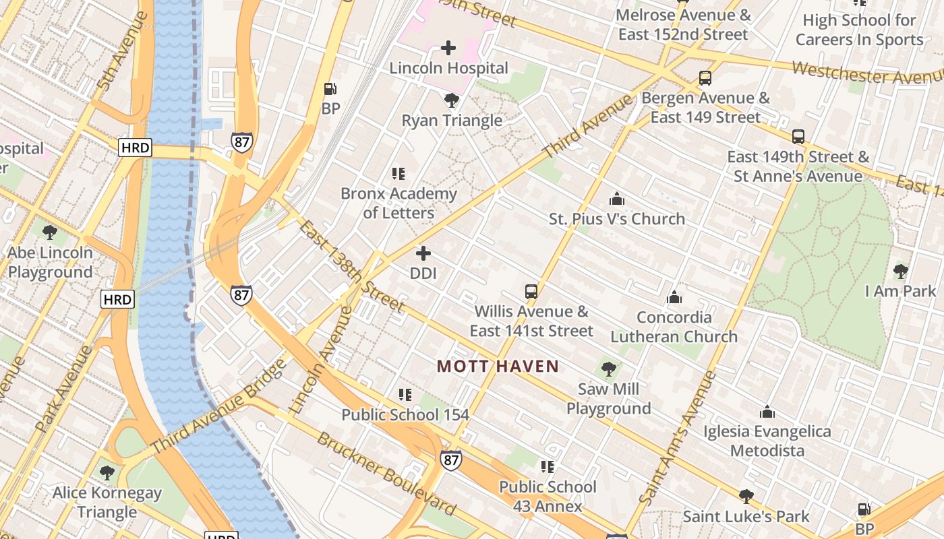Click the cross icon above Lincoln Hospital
tap(448, 48)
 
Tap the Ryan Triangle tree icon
tap(452, 101)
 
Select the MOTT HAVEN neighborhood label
tap(498, 367)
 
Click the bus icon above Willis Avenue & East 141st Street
tap(531, 292)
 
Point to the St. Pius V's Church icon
tap(616, 199)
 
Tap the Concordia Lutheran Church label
tap(674, 327)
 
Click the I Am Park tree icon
tap(900, 272)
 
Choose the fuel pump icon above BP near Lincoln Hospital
tap(330, 89)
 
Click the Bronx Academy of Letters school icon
tap(399, 174)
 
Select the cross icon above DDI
tap(423, 253)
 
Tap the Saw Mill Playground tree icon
tap(608, 369)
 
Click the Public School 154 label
tap(405, 414)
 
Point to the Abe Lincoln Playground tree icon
tap(49, 232)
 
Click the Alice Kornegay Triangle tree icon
tap(107, 472)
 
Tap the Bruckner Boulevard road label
tap(386, 473)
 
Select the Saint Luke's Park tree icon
tap(746, 497)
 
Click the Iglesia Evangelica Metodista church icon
tap(767, 412)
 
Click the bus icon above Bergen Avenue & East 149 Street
tap(705, 77)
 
